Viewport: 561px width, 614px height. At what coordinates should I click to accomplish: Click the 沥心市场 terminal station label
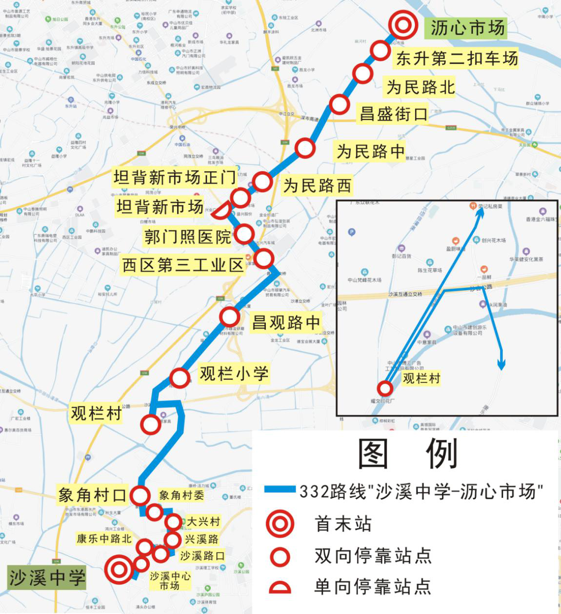467,28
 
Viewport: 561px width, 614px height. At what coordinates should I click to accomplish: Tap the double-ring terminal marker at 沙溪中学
119,569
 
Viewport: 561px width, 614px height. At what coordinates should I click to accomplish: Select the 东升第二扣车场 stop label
457,59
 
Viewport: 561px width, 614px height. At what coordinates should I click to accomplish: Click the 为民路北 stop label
421,87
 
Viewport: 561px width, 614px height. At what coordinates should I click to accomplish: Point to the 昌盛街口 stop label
393,114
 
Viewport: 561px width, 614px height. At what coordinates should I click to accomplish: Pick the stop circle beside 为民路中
305,148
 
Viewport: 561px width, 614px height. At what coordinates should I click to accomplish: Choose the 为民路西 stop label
317,186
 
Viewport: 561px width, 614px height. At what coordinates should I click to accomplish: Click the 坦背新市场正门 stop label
175,178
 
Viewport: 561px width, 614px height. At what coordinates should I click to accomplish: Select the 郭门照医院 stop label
187,237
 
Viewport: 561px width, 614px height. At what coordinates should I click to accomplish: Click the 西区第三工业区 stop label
182,265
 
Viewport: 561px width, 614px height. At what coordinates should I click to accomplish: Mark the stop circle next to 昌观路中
229,317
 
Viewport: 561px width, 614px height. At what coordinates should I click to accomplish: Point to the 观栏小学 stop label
234,374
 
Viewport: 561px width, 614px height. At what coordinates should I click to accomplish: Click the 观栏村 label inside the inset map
421,378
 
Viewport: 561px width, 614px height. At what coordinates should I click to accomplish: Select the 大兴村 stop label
203,521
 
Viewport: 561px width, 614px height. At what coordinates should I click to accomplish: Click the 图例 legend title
408,453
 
